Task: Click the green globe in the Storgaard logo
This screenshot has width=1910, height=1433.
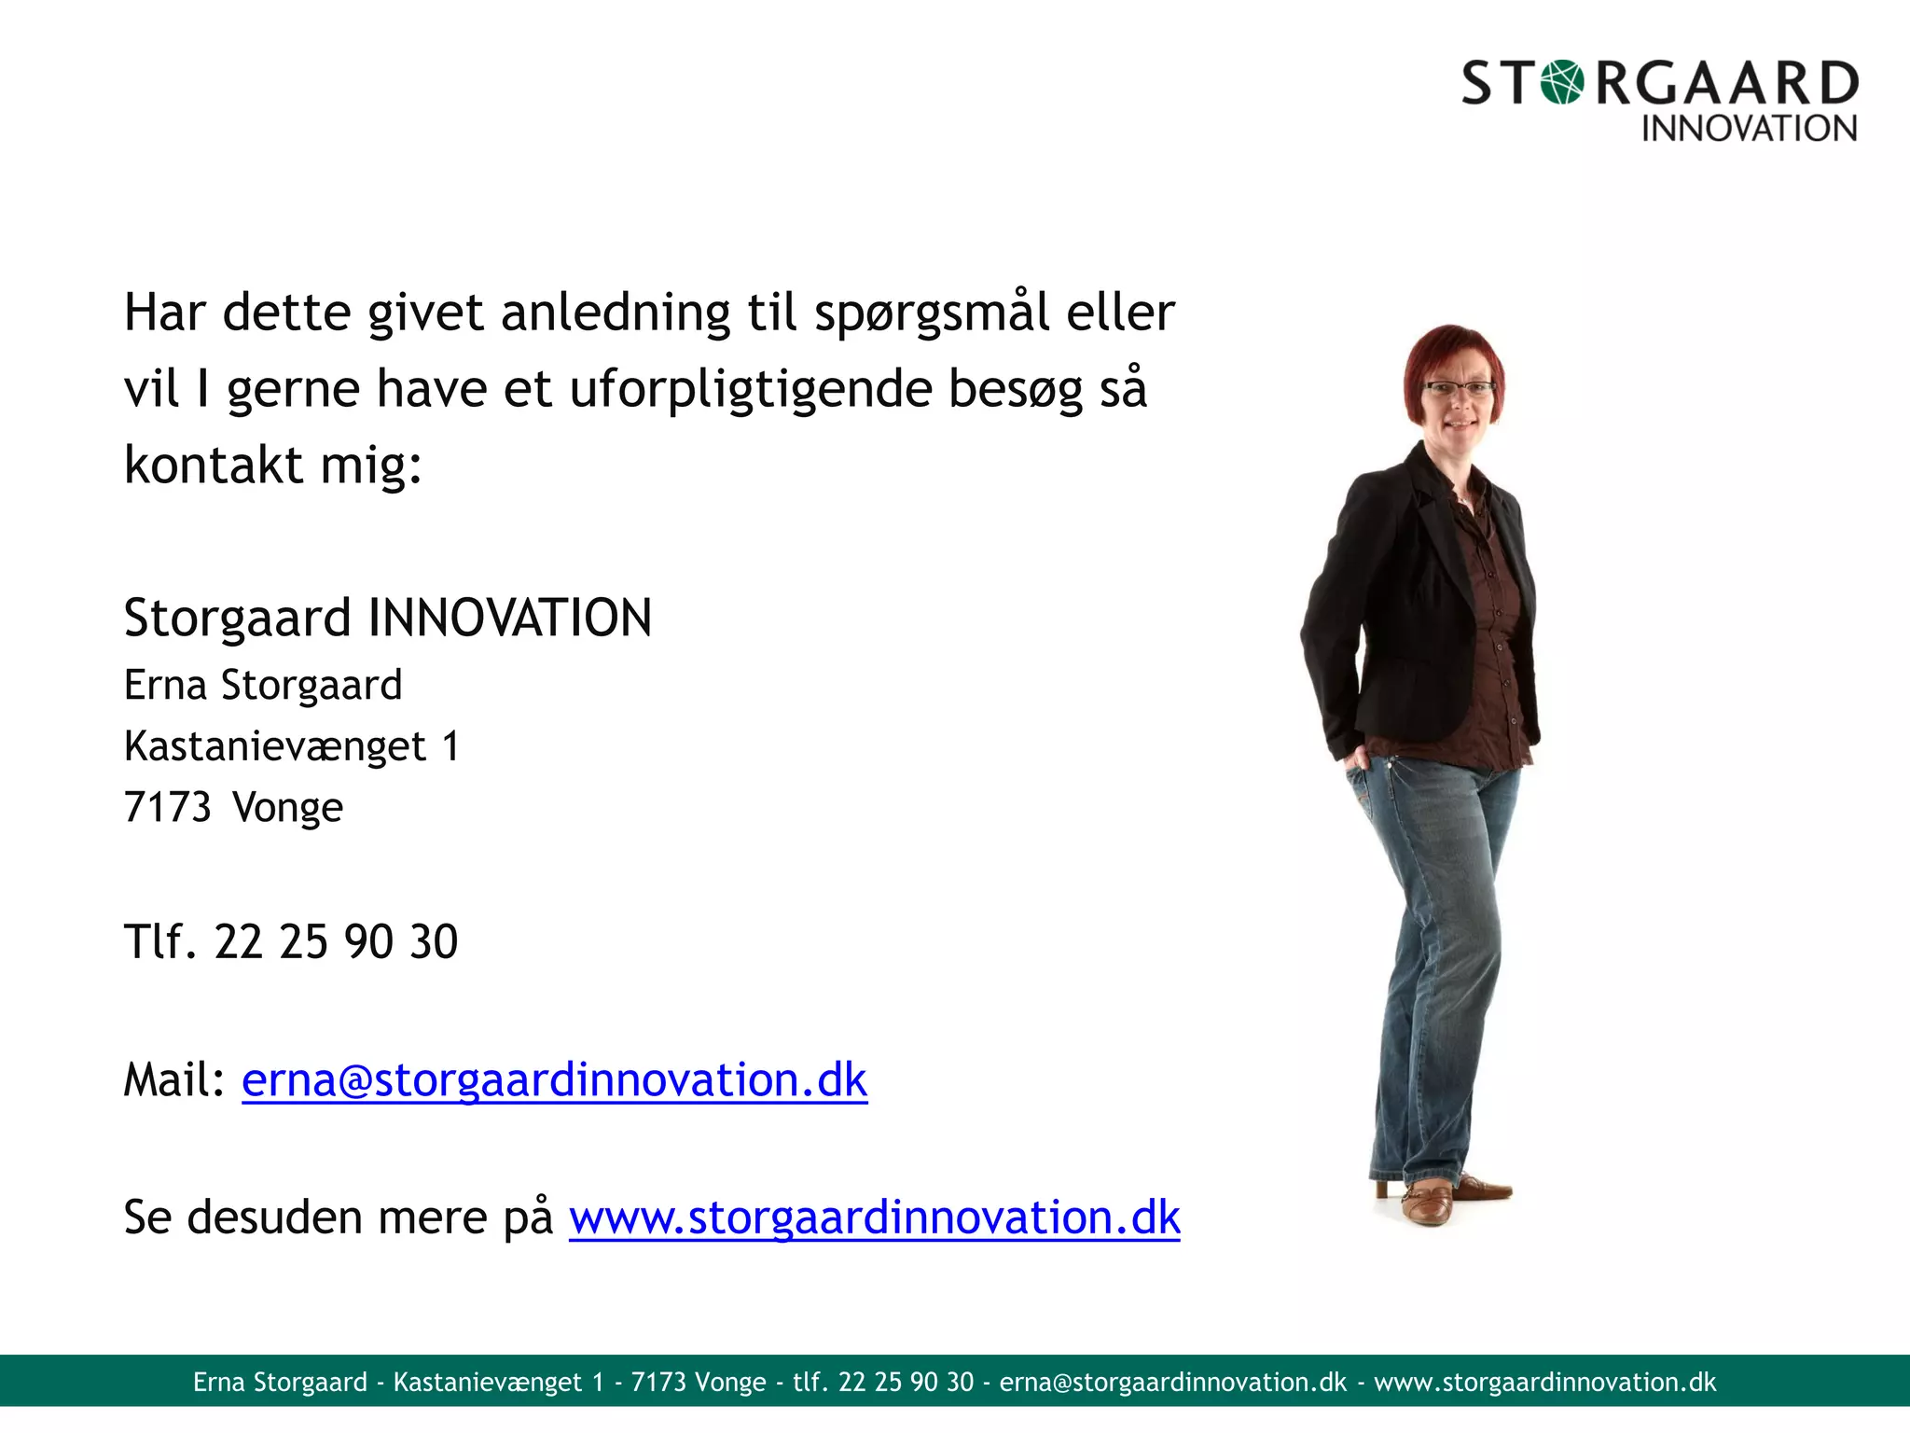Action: click(x=1562, y=82)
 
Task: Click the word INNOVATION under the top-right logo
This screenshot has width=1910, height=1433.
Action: click(x=1749, y=129)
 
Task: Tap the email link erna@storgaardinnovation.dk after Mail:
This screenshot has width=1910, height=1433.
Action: click(x=554, y=1080)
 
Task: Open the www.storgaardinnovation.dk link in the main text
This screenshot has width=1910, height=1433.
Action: click(x=874, y=1217)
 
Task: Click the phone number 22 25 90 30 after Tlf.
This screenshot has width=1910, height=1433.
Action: click(x=336, y=941)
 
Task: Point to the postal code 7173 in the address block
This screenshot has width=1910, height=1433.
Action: click(x=168, y=807)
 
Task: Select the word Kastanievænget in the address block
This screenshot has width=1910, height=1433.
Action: click(x=275, y=746)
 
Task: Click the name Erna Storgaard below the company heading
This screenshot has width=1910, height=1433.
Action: click(x=263, y=685)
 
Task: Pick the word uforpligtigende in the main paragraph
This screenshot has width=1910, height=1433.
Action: click(x=751, y=390)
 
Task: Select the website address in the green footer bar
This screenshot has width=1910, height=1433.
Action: click(x=1544, y=1382)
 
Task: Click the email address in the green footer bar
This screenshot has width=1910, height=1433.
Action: click(x=1172, y=1382)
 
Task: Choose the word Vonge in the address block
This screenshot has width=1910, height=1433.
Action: click(x=287, y=807)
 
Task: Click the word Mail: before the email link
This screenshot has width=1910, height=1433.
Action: click(x=174, y=1080)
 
